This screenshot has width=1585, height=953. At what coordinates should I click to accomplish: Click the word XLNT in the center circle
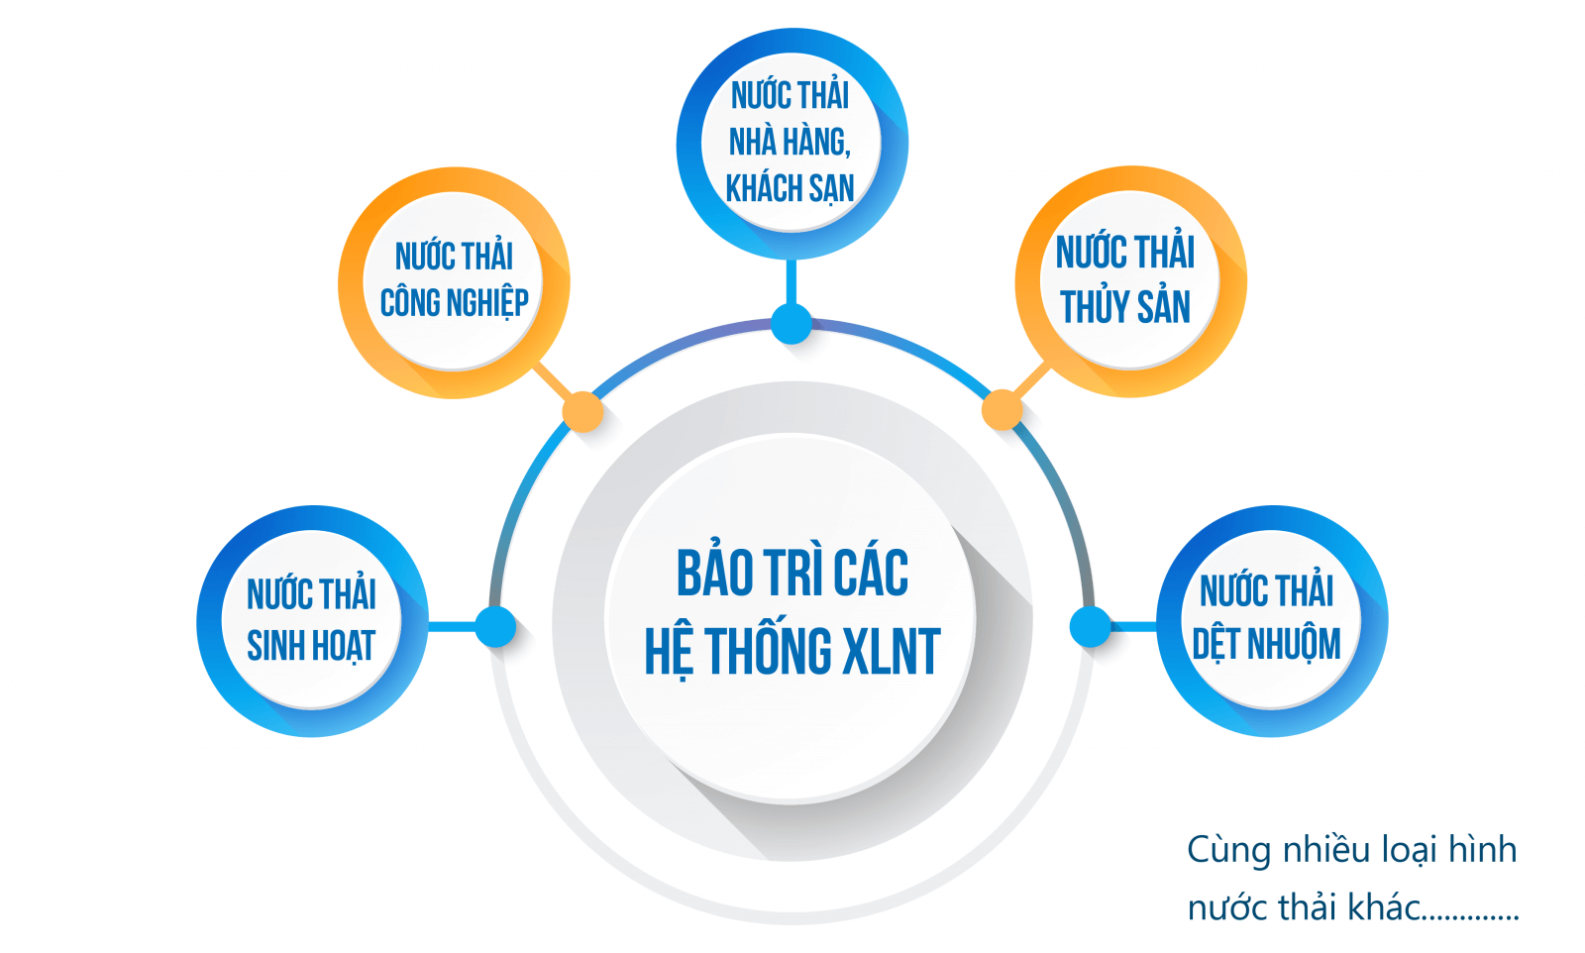point(890,652)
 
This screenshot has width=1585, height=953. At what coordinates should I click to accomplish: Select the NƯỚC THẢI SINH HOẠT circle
point(312,621)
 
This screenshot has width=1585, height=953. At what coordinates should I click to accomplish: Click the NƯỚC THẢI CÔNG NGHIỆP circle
point(454,282)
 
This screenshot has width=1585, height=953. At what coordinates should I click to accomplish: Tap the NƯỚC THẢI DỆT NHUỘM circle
point(1271,621)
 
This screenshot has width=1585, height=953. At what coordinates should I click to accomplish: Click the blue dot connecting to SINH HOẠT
point(495,627)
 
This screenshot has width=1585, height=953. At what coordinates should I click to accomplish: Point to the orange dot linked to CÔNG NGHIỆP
point(582,411)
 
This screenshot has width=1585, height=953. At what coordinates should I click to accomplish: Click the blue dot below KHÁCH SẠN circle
point(792,324)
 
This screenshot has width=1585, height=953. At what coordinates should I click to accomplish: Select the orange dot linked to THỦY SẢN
point(1002,410)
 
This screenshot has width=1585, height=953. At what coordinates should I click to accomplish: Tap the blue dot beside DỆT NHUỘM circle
point(1090,627)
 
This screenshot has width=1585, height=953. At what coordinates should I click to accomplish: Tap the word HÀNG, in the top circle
point(816,143)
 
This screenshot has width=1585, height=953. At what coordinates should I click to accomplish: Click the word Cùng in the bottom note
point(1228,850)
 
